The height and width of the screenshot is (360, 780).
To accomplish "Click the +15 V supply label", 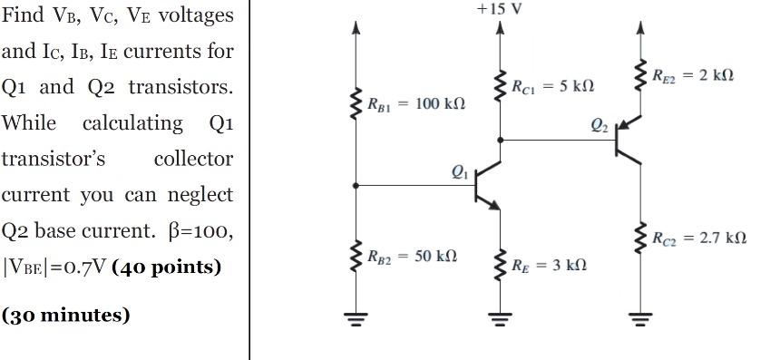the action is pyautogui.click(x=499, y=9).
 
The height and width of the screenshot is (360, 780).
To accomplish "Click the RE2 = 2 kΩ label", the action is pyautogui.click(x=694, y=75).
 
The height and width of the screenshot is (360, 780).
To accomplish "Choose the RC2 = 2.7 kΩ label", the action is pyautogui.click(x=699, y=238).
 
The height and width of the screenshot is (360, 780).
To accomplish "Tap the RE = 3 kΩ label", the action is pyautogui.click(x=549, y=265).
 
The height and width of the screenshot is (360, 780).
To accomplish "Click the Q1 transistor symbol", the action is pyautogui.click(x=484, y=185).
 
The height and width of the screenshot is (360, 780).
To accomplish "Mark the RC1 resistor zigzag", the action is pyautogui.click(x=499, y=87).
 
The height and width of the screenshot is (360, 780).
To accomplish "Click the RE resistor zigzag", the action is pyautogui.click(x=499, y=265).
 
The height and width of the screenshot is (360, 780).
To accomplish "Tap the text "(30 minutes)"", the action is pyautogui.click(x=65, y=315).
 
